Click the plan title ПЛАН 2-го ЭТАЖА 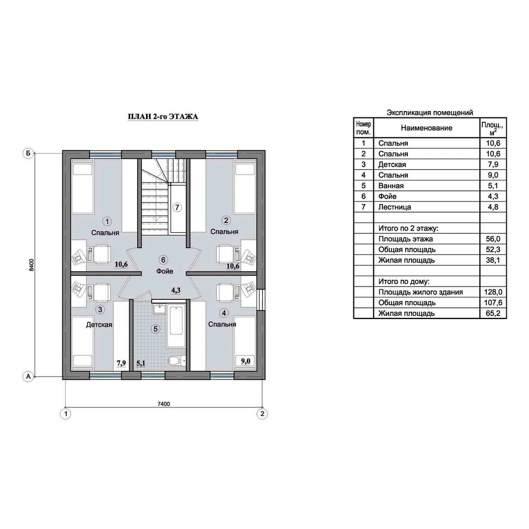163,116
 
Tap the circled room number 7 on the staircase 177,207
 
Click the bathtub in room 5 176,326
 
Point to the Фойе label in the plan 165,271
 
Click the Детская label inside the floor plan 99,325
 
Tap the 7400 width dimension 163,404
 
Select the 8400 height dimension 31,265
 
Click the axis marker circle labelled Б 28,153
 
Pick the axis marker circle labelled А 28,377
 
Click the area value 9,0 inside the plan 245,361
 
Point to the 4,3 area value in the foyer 176,290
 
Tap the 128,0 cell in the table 493,292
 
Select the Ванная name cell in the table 391,186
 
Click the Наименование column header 426,128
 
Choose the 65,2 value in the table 493,313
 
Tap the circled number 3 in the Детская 100,309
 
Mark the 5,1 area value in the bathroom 141,363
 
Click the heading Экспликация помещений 430,113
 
